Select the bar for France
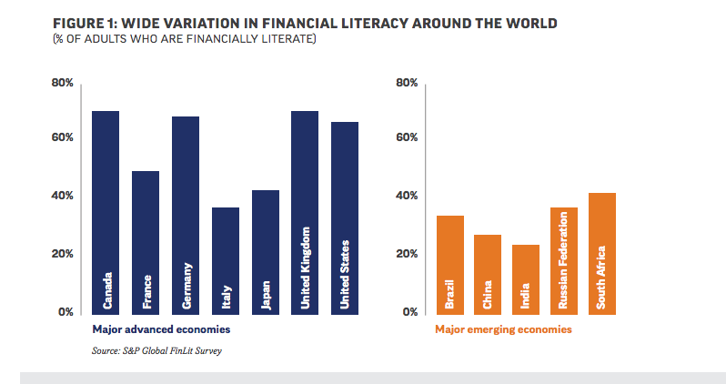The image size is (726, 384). tap(146, 242)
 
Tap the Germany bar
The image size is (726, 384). tap(186, 215)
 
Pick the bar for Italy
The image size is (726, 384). tap(226, 260)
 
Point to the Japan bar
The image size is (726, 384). tap(266, 251)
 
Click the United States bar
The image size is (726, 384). tap(345, 217)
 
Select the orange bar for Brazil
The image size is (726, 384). tap(450, 264)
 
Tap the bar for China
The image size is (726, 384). tap(488, 274)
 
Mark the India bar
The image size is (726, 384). tap(525, 278)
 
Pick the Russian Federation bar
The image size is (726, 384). tap(563, 260)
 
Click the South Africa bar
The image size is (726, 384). tap(601, 253)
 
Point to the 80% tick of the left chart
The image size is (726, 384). tap(61, 83)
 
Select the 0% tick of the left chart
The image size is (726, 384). tap(66, 312)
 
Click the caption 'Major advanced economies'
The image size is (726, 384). tap(160, 328)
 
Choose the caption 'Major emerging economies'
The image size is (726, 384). tap(503, 329)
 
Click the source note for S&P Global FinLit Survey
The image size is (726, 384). tap(156, 350)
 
